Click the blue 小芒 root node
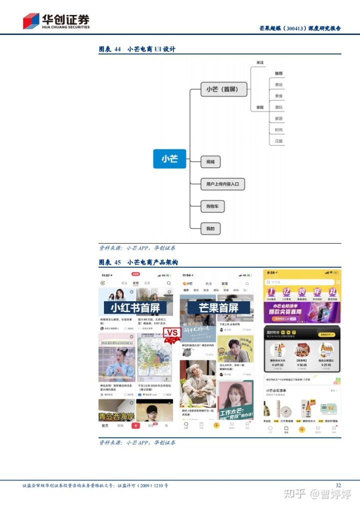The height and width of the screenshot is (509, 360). click(169, 159)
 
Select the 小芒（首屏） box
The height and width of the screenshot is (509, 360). click(223, 90)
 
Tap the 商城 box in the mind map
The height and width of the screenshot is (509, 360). click(210, 162)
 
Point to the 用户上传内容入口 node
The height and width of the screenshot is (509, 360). click(223, 184)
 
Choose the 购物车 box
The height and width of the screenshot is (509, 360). click(212, 206)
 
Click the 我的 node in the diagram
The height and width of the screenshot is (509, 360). click(210, 229)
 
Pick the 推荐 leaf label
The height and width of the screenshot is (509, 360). click(278, 73)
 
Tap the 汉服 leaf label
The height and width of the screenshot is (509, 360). click(279, 141)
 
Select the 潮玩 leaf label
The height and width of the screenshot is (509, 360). click(279, 107)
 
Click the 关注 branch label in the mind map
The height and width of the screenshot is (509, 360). click(260, 62)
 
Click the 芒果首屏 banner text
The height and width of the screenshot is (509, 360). click(218, 308)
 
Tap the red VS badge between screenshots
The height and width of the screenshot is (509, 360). click(172, 333)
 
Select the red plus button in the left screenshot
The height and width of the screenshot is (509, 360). click(135, 426)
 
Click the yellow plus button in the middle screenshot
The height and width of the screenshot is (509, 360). click(216, 426)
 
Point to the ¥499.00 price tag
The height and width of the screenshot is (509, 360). click(277, 365)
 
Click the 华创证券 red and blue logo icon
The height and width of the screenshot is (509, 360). click(31, 21)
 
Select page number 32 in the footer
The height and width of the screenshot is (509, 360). click(338, 485)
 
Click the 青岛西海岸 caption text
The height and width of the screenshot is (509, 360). click(116, 416)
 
